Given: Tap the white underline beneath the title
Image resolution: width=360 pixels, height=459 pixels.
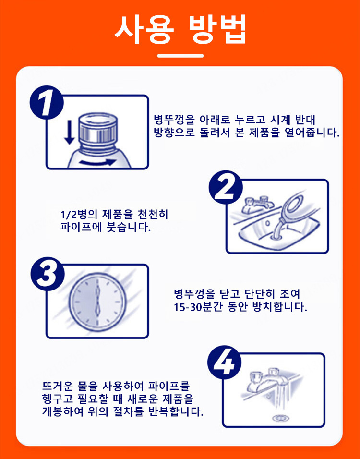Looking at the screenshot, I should pyautogui.click(x=180, y=55).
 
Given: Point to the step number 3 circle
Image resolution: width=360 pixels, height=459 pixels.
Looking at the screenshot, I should pyautogui.click(x=47, y=274).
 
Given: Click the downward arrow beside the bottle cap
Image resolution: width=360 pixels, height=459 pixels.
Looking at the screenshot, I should pyautogui.click(x=69, y=132).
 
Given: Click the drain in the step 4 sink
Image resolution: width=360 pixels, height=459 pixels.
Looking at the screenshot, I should pyautogui.click(x=281, y=418).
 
